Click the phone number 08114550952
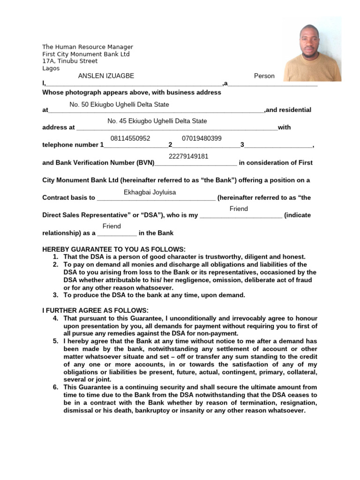pos(130,138)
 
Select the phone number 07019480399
pos(202,138)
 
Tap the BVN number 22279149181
pos(188,156)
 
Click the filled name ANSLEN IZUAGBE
pos(106,76)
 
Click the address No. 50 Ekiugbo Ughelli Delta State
pos(119,105)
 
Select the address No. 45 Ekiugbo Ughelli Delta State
pos(157,121)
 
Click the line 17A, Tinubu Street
pos(70,61)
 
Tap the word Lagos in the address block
pos(51,68)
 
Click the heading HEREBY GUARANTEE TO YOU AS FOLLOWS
pos(114,249)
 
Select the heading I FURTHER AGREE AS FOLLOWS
pos(95,310)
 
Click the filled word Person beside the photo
pos(264,76)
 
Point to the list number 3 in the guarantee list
pos(55,295)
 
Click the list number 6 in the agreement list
pos(55,387)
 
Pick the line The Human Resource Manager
pos(88,47)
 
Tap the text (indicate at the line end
pos(298,215)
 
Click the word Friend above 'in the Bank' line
pos(112,226)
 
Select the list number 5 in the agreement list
pos(55,341)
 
